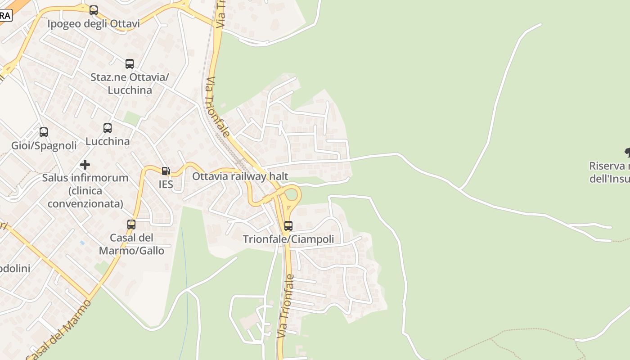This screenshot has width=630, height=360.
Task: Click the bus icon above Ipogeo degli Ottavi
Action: (94, 10)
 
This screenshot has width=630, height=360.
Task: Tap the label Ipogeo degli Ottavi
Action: (94, 23)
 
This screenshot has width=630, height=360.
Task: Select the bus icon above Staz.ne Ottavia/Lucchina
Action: (130, 63)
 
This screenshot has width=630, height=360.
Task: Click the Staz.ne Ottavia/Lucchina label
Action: (130, 83)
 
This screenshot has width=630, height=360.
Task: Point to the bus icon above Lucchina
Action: (108, 128)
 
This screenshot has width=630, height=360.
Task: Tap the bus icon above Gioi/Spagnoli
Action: (44, 132)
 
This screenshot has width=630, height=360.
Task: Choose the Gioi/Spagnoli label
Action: (44, 146)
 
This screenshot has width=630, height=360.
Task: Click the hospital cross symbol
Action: (85, 164)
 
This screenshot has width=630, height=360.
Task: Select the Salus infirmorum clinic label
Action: (85, 191)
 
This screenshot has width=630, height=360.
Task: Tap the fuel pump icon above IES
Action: (166, 171)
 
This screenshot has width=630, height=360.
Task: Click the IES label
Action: (166, 184)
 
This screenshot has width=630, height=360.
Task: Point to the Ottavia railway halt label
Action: (240, 176)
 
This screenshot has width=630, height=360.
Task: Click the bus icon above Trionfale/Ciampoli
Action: (288, 225)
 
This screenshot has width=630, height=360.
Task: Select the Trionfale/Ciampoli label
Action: (288, 239)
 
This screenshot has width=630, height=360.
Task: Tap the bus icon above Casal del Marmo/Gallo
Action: (131, 224)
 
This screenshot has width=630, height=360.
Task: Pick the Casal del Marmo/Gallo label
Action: (131, 244)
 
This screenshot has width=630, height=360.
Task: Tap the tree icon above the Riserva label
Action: (628, 152)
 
